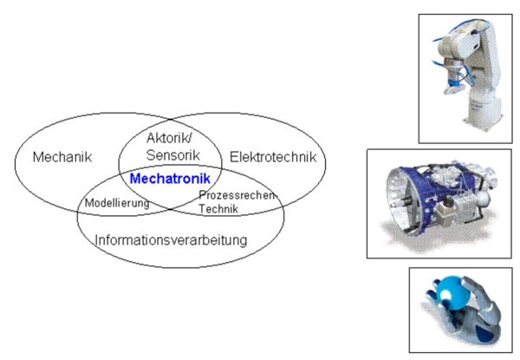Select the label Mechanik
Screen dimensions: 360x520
(62, 157)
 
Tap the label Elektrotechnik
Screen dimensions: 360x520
(273, 157)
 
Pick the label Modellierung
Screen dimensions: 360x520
(117, 203)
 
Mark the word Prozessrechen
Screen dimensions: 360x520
(237, 195)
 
